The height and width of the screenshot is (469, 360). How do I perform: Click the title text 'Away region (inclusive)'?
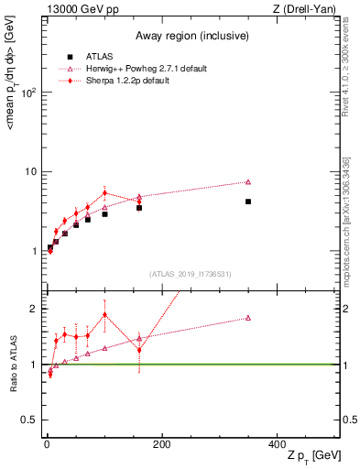point(190,37)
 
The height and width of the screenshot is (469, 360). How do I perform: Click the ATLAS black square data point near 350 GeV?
point(248,202)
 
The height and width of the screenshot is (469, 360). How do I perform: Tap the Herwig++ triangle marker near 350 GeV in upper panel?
point(248,181)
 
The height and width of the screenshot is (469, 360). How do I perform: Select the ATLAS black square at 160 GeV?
point(139,208)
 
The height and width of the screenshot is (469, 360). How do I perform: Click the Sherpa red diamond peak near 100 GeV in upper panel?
point(105,193)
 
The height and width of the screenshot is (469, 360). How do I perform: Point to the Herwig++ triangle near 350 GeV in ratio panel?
point(248,318)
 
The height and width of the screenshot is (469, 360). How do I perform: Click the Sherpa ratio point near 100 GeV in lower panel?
point(105,315)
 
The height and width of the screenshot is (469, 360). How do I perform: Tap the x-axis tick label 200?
point(161,444)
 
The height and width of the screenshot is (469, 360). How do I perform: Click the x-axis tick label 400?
point(277,444)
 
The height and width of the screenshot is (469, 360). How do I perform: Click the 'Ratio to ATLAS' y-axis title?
point(12,364)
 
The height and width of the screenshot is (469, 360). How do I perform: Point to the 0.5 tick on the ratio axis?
point(29,420)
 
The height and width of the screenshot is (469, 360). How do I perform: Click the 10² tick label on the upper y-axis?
point(27,93)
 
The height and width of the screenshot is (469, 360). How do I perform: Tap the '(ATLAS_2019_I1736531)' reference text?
point(190,274)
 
